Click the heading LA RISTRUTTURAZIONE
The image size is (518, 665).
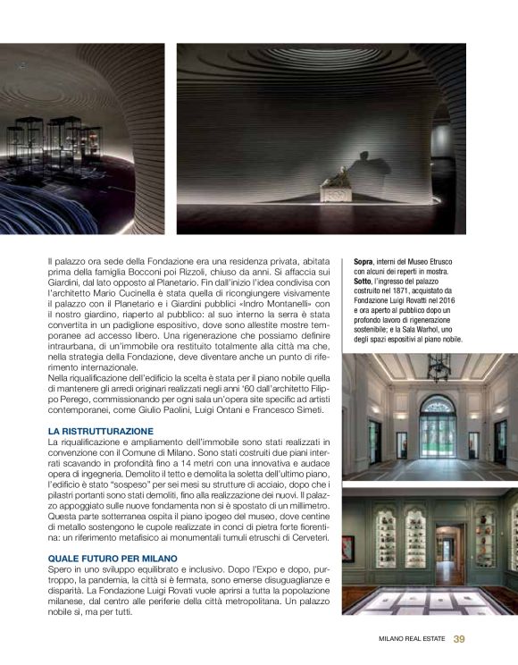(100, 431)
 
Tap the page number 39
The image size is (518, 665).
(459, 638)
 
